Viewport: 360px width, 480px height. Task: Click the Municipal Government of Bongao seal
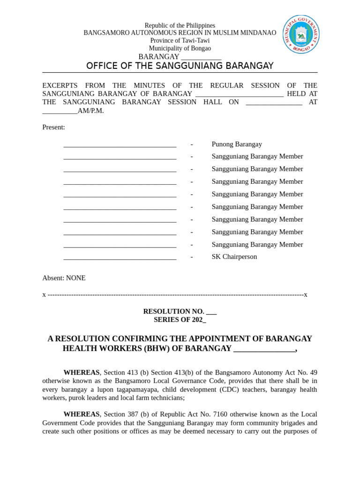[x=301, y=34]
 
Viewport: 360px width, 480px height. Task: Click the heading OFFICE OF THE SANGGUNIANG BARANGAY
[x=180, y=66]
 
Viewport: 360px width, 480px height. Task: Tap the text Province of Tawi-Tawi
[x=180, y=41]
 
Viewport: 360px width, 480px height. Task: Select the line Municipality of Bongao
[x=180, y=48]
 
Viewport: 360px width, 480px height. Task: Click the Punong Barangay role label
[x=237, y=144]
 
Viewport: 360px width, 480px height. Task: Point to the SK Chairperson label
[x=234, y=257]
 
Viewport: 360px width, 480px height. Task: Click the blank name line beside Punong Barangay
[x=120, y=145]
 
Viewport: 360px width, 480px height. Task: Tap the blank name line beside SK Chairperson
[x=120, y=257]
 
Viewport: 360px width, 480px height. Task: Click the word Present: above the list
[x=53, y=127]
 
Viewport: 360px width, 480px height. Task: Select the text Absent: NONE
[x=64, y=278]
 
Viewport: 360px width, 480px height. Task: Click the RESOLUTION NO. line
[x=180, y=311]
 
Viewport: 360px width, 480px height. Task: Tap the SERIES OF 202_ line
[x=180, y=320]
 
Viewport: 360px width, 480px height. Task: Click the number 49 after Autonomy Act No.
[x=313, y=373]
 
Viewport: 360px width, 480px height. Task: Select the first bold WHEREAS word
[x=81, y=373]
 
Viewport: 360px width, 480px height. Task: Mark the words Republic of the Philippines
[x=180, y=25]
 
